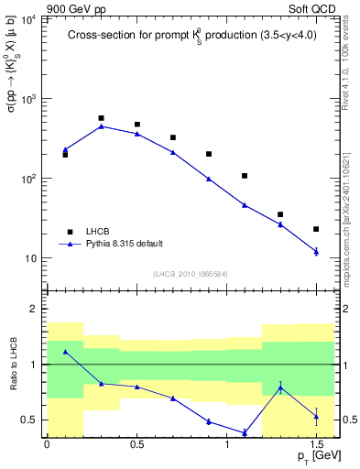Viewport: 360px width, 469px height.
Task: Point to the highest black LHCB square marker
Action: point(101,118)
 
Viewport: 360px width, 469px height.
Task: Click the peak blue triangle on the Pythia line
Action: point(101,126)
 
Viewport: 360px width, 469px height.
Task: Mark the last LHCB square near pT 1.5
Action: point(316,229)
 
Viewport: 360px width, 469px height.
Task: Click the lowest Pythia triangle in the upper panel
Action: point(316,251)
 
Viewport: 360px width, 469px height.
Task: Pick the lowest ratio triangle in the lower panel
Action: point(245,432)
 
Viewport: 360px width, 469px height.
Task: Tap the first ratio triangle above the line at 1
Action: point(65,352)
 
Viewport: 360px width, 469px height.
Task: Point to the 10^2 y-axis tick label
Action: point(29,179)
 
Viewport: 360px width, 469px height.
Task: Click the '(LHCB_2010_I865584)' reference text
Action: point(190,274)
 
